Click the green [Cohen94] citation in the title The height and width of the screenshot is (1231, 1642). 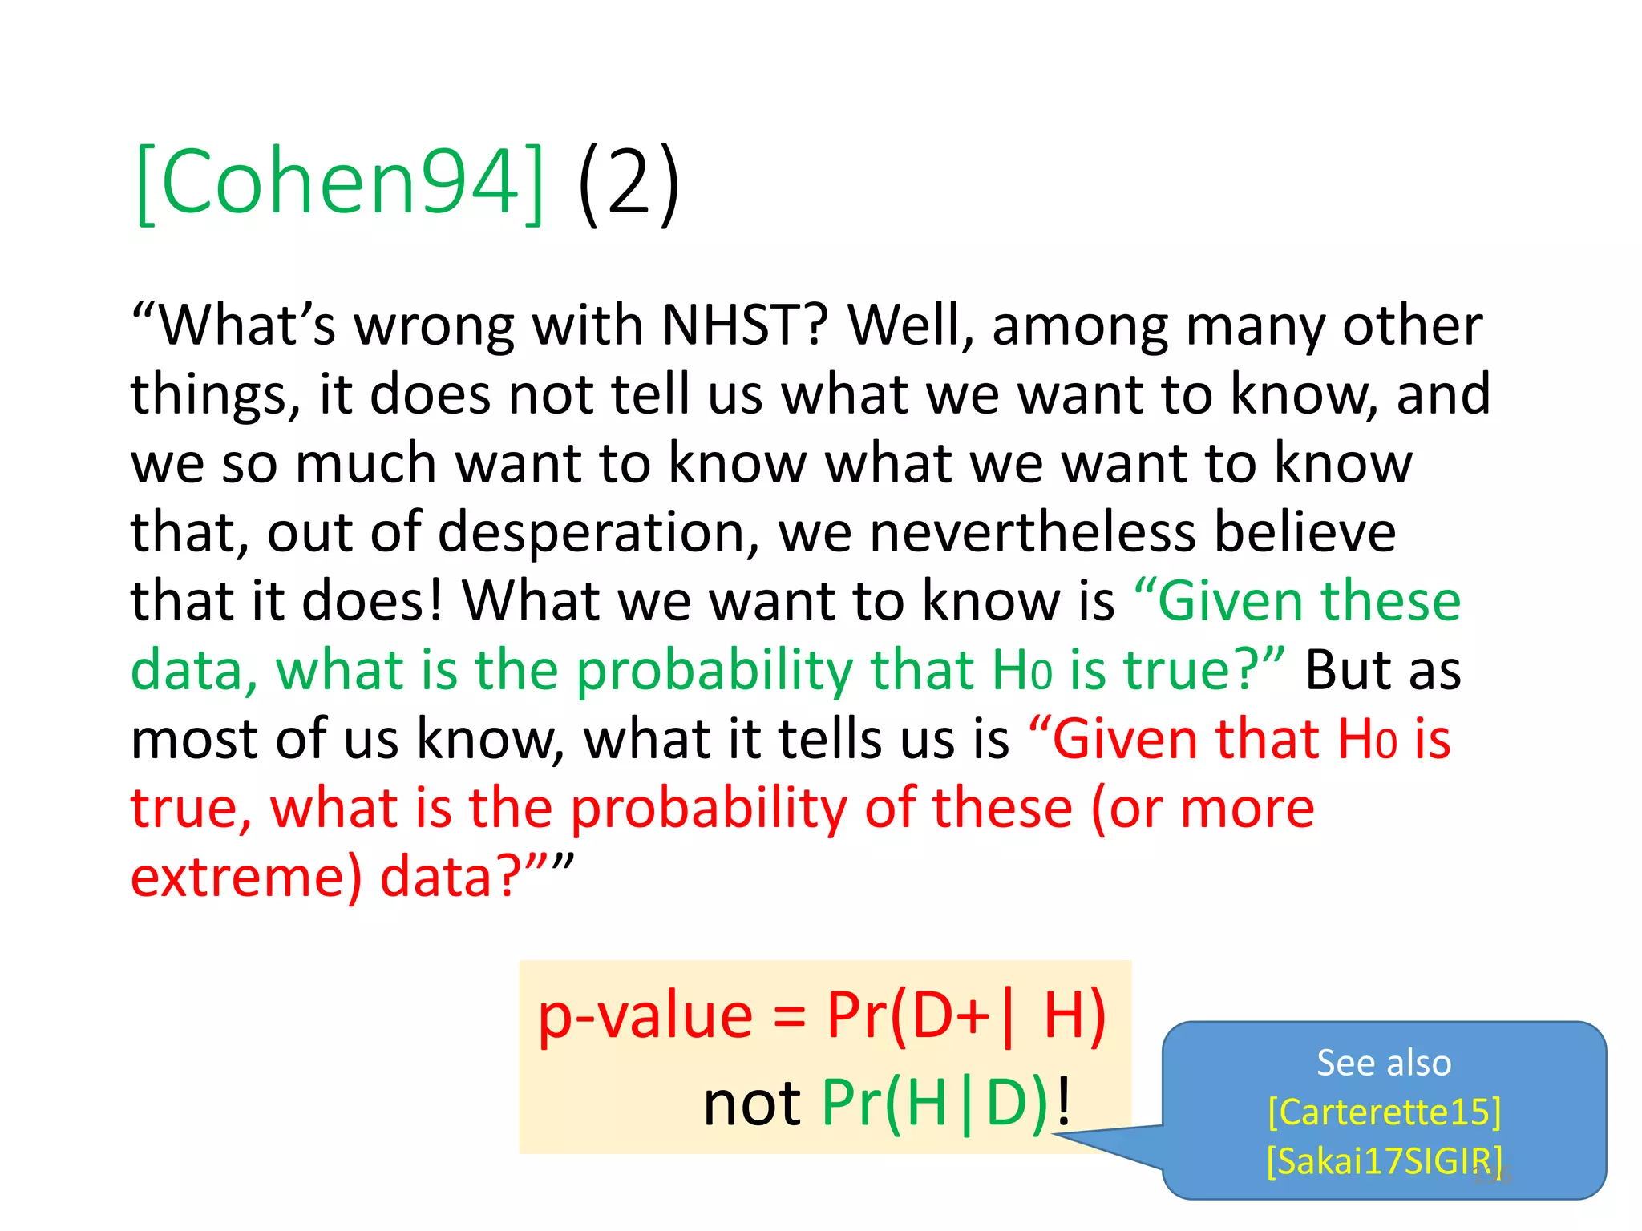[x=340, y=183]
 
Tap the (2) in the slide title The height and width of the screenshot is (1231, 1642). [x=629, y=183]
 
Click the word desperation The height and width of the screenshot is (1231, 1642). [x=592, y=532]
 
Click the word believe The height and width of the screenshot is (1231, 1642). [x=1305, y=532]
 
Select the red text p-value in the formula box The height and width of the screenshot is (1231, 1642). [x=645, y=1016]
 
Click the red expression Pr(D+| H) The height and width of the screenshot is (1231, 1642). [x=966, y=1016]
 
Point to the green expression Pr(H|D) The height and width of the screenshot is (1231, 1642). [x=935, y=1103]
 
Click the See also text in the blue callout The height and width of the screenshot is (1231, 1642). [x=1384, y=1063]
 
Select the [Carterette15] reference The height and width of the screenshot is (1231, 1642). [x=1384, y=1112]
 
